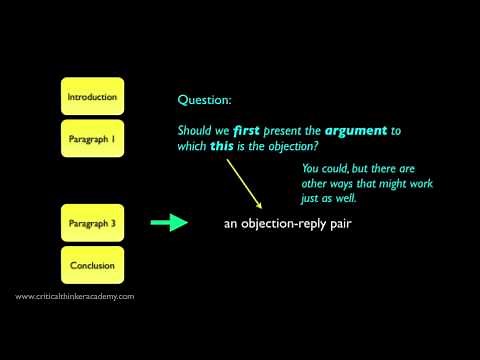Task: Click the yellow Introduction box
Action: [x=92, y=97]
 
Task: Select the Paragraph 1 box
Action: [x=92, y=139]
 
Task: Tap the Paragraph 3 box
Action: [x=92, y=222]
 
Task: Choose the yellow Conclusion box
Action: [x=92, y=265]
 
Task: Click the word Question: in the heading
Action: [x=203, y=100]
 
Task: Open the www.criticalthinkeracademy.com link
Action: [x=75, y=297]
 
